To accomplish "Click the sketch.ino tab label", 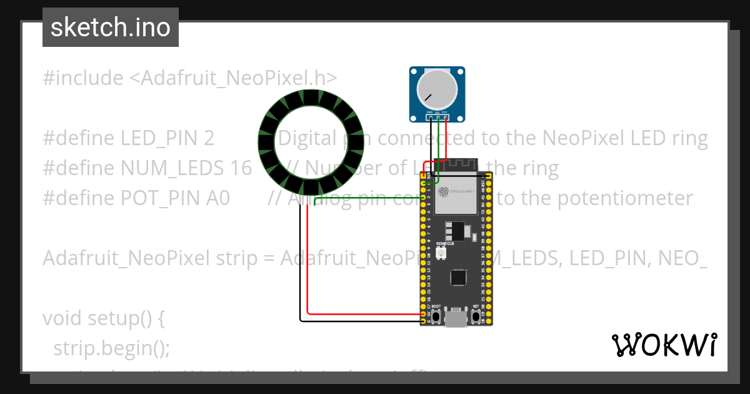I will tap(110, 28).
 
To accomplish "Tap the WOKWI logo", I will tap(664, 345).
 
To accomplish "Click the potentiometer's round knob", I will tap(437, 89).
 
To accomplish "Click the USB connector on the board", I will tap(456, 319).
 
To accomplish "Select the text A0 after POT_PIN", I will tap(218, 198).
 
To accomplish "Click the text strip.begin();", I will tap(111, 348).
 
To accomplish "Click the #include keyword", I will tap(83, 78).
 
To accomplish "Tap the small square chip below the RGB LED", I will tap(458, 277).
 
